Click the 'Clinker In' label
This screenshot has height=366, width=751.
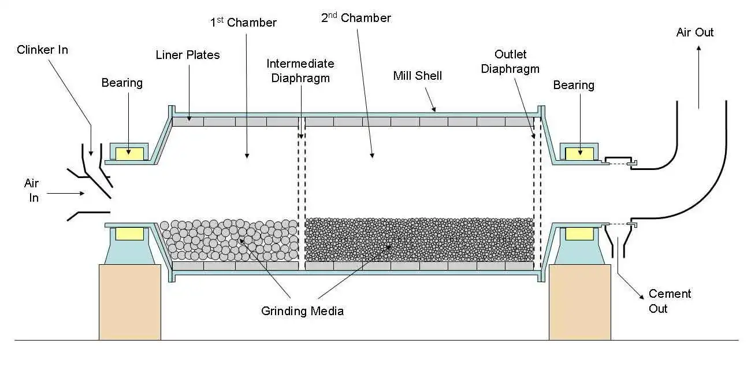pyautogui.click(x=42, y=50)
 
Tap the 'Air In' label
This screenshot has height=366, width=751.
pyautogui.click(x=31, y=190)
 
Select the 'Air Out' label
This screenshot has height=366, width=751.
pyautogui.click(x=695, y=32)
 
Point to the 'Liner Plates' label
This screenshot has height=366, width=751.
pyautogui.click(x=188, y=55)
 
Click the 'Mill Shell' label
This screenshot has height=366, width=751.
pyautogui.click(x=418, y=76)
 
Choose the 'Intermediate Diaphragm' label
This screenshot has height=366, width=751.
pyautogui.click(x=300, y=71)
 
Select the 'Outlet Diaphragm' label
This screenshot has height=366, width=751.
pyautogui.click(x=510, y=61)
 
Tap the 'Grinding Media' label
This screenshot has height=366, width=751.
pyautogui.click(x=302, y=311)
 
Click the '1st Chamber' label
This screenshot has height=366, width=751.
pyautogui.click(x=243, y=23)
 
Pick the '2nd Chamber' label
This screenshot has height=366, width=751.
pyautogui.click(x=356, y=18)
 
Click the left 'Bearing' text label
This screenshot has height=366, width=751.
pyautogui.click(x=122, y=83)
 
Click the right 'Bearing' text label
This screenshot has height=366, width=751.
pyautogui.click(x=574, y=85)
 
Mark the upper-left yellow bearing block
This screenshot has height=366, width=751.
pyautogui.click(x=129, y=153)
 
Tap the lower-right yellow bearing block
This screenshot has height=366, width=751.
pyautogui.click(x=579, y=233)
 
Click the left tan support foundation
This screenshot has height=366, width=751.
pyautogui.click(x=130, y=302)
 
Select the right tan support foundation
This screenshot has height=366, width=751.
pyautogui.click(x=579, y=302)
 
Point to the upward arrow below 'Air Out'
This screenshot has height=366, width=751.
pyautogui.click(x=698, y=78)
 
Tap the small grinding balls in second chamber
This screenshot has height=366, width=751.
pyautogui.click(x=419, y=240)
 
